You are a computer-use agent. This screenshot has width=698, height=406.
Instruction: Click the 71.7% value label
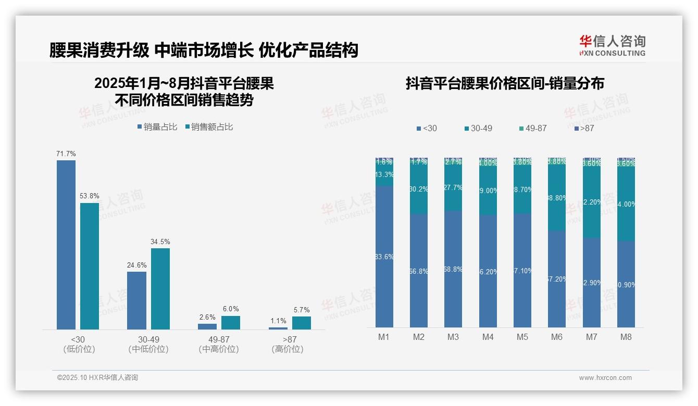tap(66, 154)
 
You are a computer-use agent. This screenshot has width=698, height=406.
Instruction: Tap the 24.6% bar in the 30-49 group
tap(136, 300)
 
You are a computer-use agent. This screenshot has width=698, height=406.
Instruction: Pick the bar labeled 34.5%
tap(160, 288)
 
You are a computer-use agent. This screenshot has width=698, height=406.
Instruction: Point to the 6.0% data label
tap(231, 309)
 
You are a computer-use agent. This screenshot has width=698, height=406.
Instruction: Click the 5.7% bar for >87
tap(302, 323)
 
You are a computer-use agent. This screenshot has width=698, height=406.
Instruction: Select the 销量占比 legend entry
tap(157, 127)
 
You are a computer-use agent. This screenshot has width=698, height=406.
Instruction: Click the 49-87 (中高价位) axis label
tap(219, 344)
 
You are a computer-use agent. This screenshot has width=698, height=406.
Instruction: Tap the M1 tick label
tap(384, 337)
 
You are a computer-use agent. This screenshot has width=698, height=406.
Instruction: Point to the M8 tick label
tap(626, 337)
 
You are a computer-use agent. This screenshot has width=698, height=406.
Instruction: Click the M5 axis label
tap(522, 337)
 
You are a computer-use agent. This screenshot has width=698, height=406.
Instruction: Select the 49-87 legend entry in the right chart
tap(533, 128)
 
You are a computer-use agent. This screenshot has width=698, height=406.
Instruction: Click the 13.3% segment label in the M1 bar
tap(384, 175)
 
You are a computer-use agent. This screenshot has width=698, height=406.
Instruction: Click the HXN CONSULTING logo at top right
tap(612, 45)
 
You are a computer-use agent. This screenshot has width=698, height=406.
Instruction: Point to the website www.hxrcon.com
tap(605, 378)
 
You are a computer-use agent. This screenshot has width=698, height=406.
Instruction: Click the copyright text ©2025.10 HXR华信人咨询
tap(97, 378)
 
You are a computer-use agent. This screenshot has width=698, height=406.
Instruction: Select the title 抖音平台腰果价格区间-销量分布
tap(505, 84)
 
